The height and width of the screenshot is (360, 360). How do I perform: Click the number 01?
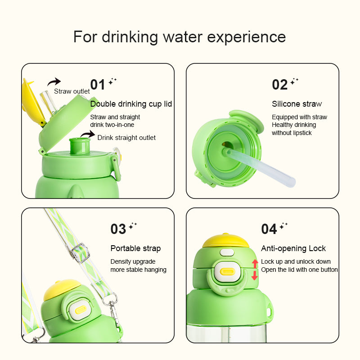tap(98, 85)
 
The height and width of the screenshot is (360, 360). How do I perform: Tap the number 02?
tap(279, 85)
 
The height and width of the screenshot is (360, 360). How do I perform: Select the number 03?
tap(118, 229)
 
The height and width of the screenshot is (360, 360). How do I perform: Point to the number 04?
tap(269, 229)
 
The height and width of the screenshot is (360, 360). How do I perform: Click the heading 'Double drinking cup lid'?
tap(131, 104)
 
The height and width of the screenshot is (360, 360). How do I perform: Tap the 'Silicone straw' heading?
tap(297, 104)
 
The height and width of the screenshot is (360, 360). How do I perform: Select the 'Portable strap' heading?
tap(135, 248)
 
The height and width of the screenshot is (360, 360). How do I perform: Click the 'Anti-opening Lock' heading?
tap(293, 248)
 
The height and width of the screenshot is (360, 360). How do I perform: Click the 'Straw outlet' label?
tap(72, 91)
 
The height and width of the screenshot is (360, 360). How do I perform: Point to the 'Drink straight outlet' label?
tap(126, 137)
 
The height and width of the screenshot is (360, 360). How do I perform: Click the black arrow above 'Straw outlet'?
tap(54, 81)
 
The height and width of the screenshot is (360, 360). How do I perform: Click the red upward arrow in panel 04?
tap(255, 263)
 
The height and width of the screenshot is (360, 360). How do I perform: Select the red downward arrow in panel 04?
tap(255, 275)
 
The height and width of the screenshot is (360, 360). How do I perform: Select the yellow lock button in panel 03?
tap(81, 309)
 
